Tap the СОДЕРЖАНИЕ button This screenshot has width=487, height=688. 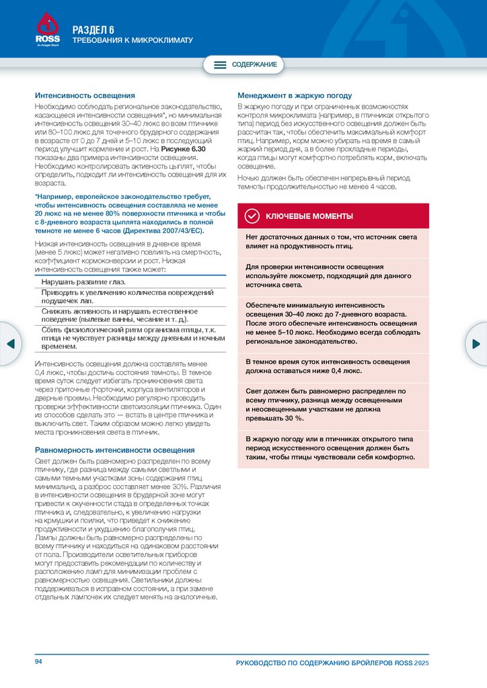pos(244,65)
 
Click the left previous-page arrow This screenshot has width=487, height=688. pos(10,343)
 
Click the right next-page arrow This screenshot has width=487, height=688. pos(477,343)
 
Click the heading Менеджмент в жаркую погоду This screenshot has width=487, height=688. pos(295,96)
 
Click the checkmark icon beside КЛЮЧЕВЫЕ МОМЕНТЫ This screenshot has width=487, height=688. pos(252,216)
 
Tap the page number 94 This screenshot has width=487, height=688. pos(38,662)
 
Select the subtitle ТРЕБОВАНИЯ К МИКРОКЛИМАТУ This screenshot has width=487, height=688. pos(133,40)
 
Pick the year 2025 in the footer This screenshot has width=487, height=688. pos(422,663)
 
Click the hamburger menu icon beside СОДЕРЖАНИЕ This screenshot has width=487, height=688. pos(220,65)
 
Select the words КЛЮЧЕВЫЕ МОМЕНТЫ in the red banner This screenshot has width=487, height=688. pos(309,216)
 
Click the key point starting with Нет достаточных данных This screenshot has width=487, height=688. pos(332,242)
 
